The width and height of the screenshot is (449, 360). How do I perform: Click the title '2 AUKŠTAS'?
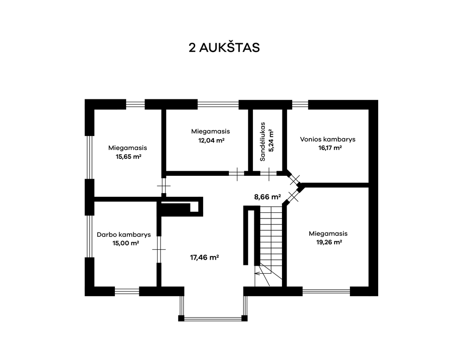coord(224,47)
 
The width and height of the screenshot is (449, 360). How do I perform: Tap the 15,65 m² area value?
coord(129,157)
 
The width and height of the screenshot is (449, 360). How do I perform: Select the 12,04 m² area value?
coord(211,141)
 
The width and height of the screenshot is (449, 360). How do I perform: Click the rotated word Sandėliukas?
coord(263,142)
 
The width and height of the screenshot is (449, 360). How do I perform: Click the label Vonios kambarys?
coord(327,140)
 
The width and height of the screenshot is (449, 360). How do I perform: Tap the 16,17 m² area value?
coord(330,148)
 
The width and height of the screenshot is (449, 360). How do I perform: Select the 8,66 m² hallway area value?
coord(267,197)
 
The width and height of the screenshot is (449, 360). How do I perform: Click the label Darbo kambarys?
coord(124,235)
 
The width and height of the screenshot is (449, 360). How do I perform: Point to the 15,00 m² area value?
coord(126,243)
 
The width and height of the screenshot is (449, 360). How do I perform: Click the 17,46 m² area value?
coord(205,257)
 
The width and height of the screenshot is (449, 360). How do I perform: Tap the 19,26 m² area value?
coord(329,242)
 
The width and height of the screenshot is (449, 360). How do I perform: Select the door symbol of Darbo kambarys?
coord(159,249)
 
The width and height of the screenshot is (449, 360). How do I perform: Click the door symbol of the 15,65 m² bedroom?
coord(164,186)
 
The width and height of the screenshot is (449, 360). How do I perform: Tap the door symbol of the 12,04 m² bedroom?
coord(237,173)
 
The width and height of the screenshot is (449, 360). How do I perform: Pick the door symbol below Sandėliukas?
coord(268,173)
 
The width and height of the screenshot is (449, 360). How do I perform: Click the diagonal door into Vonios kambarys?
coord(294,180)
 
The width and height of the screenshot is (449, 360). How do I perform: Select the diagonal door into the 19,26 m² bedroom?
coord(293,196)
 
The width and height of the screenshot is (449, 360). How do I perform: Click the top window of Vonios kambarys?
coord(300,105)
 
